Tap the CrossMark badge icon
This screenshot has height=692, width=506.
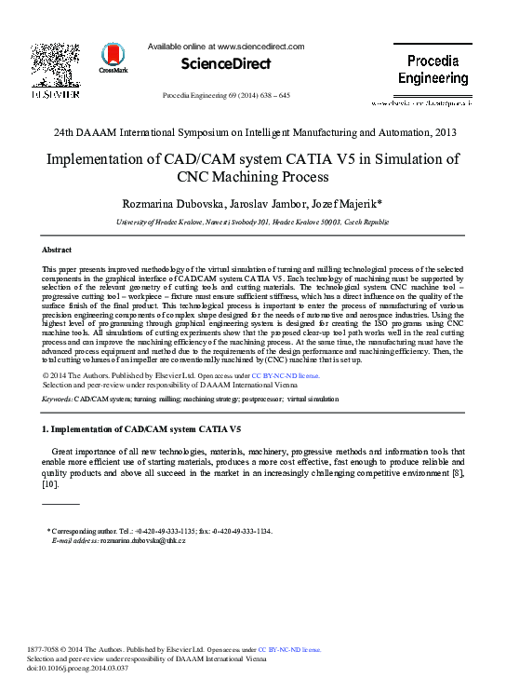tap(114, 60)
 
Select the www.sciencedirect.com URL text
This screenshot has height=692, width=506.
tap(261, 46)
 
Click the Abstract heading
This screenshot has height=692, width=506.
tap(58, 250)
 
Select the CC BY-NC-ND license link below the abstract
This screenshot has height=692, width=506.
tap(286, 375)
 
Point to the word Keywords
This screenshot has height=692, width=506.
tap(57, 399)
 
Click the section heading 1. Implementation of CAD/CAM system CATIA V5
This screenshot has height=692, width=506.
tap(142, 429)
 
